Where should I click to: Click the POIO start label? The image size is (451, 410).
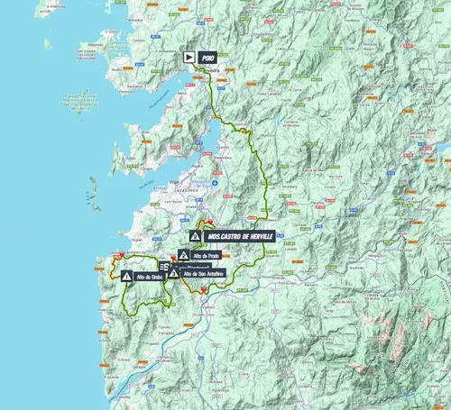click(207, 57)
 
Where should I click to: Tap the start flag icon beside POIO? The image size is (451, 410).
click(189, 57)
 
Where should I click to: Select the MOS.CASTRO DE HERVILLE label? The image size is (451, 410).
click(238, 236)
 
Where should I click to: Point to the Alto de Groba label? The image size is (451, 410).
click(150, 277)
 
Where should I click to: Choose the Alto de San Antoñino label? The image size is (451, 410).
click(204, 274)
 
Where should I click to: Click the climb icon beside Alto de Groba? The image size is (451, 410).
click(126, 277)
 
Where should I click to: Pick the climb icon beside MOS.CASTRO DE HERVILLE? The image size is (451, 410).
click(195, 236)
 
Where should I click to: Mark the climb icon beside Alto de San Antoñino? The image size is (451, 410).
click(172, 273)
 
